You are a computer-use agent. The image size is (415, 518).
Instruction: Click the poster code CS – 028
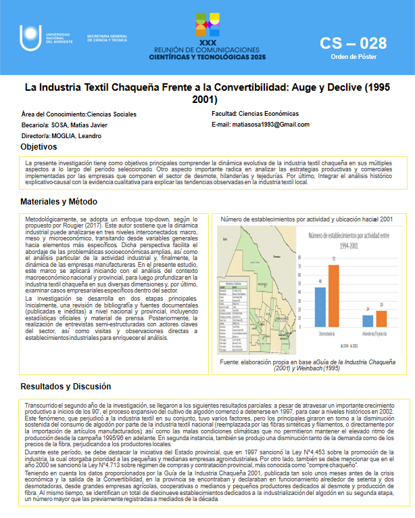(353, 44)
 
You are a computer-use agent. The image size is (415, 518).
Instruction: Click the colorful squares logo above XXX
(207, 24)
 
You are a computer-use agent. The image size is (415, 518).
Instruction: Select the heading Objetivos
(39, 147)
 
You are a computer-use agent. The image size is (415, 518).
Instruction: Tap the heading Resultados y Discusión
(65, 387)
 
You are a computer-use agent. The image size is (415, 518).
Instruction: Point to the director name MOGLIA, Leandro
(79, 136)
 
